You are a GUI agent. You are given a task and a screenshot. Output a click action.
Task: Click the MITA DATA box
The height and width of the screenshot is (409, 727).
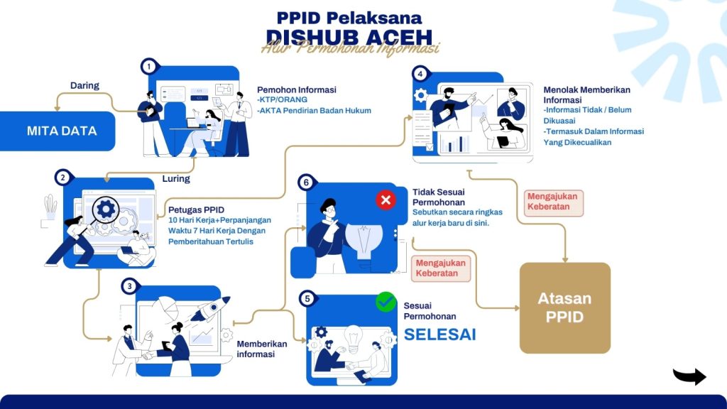coord(62,131)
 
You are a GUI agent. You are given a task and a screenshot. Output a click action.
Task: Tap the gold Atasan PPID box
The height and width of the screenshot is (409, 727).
coord(564,307)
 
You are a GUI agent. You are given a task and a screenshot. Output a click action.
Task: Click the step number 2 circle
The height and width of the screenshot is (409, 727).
coord(63,178)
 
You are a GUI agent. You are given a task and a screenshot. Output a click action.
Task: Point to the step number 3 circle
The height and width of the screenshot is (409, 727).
coord(129,286)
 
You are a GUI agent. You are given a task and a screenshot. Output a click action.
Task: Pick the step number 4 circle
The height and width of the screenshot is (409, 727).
coord(421,73)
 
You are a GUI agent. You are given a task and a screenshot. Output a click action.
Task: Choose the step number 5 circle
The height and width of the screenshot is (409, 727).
coord(307,298)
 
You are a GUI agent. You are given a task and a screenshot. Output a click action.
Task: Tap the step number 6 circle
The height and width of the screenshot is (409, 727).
coord(306,182)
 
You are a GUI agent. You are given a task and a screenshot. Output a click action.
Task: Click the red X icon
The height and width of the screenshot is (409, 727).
coord(386,200)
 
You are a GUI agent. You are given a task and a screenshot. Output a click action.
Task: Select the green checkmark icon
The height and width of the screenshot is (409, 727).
coord(386,302)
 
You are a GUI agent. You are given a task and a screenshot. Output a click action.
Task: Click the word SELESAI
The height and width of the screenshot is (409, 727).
coord(440,334)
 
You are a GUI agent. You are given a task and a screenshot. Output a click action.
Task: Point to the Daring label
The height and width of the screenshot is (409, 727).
coord(84,86)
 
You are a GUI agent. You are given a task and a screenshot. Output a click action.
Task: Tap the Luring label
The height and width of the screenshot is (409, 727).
coord(176,179)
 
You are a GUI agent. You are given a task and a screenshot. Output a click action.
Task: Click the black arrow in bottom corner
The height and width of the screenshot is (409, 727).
coord(689,376)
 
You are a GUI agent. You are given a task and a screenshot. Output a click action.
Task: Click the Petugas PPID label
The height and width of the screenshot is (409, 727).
coord(197,209)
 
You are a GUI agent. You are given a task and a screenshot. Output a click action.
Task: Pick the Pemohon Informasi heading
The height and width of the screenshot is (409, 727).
coord(297,90)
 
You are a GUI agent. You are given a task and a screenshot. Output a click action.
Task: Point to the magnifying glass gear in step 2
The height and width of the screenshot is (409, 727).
coord(107,210)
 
